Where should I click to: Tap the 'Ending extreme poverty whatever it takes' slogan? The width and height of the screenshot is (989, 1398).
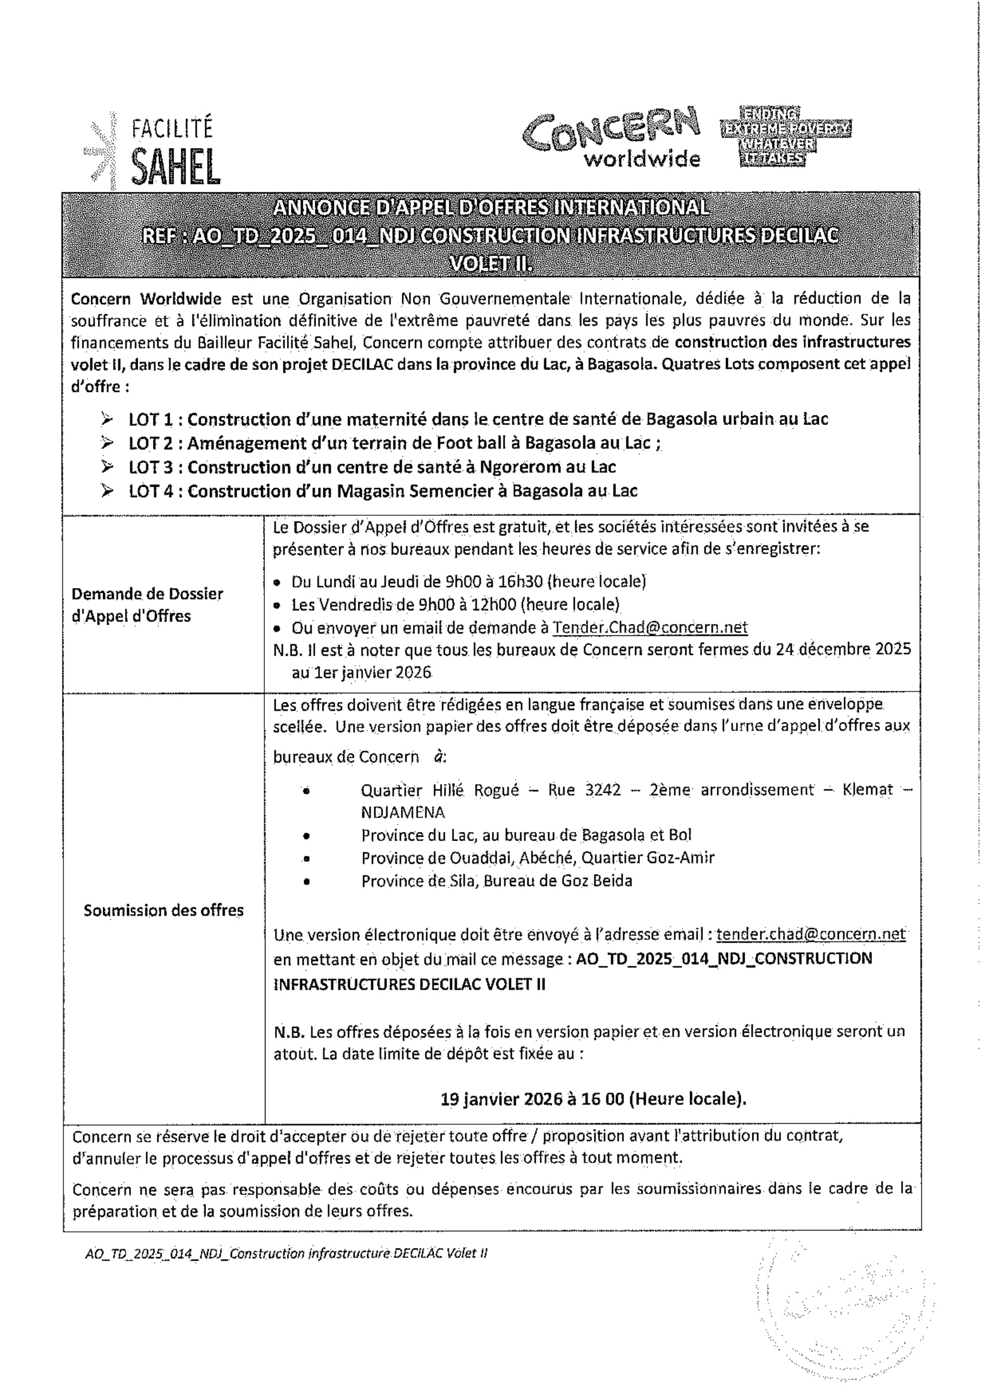(x=785, y=136)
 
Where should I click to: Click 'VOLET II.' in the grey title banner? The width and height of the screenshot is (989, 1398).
(x=491, y=264)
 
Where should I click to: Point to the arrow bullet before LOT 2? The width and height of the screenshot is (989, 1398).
(x=108, y=443)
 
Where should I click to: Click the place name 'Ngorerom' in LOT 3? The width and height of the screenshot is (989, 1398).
(x=527, y=467)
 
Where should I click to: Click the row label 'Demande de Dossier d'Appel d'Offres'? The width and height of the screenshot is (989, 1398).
(x=147, y=605)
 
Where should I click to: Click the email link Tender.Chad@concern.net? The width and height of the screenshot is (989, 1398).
(x=650, y=628)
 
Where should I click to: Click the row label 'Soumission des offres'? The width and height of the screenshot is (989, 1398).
(x=163, y=910)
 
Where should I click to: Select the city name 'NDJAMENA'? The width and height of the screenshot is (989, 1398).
(x=402, y=812)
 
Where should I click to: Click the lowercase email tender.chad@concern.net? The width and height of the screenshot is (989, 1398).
(x=811, y=934)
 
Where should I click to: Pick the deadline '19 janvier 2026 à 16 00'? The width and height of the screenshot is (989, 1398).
(x=533, y=1099)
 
